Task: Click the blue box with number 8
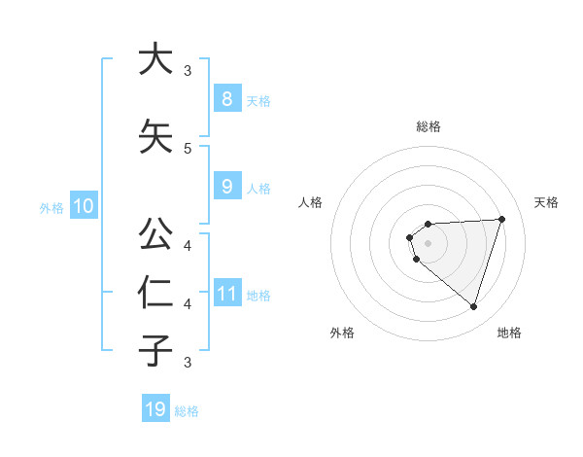click(226, 98)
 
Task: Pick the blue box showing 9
click(226, 187)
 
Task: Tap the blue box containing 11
click(226, 293)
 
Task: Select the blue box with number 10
click(83, 206)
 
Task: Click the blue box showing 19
click(155, 409)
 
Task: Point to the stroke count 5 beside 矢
click(188, 149)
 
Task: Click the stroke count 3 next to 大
click(188, 71)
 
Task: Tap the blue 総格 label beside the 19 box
click(187, 411)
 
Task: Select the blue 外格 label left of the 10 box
click(51, 208)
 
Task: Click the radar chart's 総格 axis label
click(429, 126)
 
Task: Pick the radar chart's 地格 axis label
click(509, 333)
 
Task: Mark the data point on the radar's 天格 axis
click(501, 219)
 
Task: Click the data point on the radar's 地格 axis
click(473, 306)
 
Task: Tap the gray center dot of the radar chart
click(428, 243)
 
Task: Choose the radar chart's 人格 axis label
click(311, 202)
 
